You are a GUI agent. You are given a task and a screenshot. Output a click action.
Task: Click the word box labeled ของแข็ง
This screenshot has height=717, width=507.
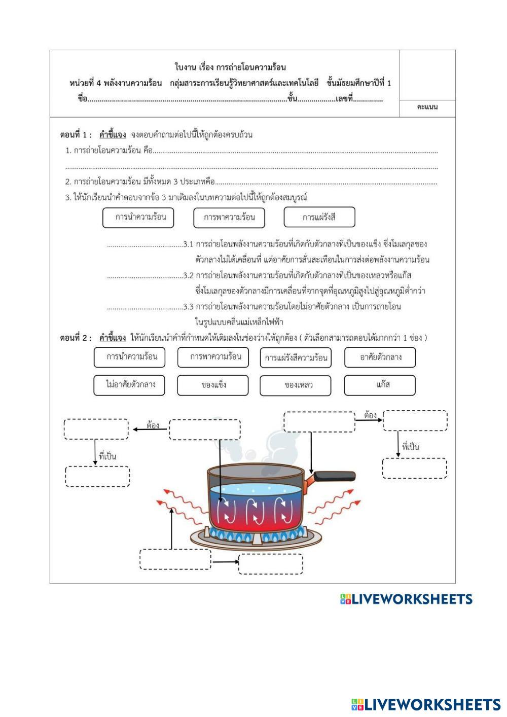[x=212, y=385]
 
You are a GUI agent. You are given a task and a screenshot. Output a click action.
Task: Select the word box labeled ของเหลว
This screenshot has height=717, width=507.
[x=295, y=385]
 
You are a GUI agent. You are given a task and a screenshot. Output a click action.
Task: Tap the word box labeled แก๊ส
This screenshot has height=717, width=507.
[x=379, y=385]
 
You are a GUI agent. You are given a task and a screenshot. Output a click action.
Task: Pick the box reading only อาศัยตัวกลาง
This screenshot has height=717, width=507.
[x=380, y=357]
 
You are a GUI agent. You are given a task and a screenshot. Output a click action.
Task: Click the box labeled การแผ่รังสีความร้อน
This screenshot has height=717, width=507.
[x=295, y=357]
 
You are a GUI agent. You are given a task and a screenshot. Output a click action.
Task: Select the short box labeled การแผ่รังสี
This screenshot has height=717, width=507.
[x=319, y=217]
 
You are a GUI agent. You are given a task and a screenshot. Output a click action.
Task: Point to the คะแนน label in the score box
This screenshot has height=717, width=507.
[x=427, y=107]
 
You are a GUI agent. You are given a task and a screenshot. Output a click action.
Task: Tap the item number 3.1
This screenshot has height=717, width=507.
[x=189, y=244]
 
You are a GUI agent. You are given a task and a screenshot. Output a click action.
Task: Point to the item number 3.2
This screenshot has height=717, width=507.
[x=189, y=276]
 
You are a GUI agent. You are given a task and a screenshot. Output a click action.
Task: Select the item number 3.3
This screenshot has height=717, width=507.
[x=189, y=307]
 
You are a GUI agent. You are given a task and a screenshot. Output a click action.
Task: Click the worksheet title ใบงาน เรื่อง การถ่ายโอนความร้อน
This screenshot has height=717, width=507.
[x=230, y=67]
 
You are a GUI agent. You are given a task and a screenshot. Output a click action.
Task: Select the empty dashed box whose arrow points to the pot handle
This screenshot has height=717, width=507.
[x=319, y=422]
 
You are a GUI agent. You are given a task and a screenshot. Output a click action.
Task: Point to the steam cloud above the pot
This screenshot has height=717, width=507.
[x=264, y=441]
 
